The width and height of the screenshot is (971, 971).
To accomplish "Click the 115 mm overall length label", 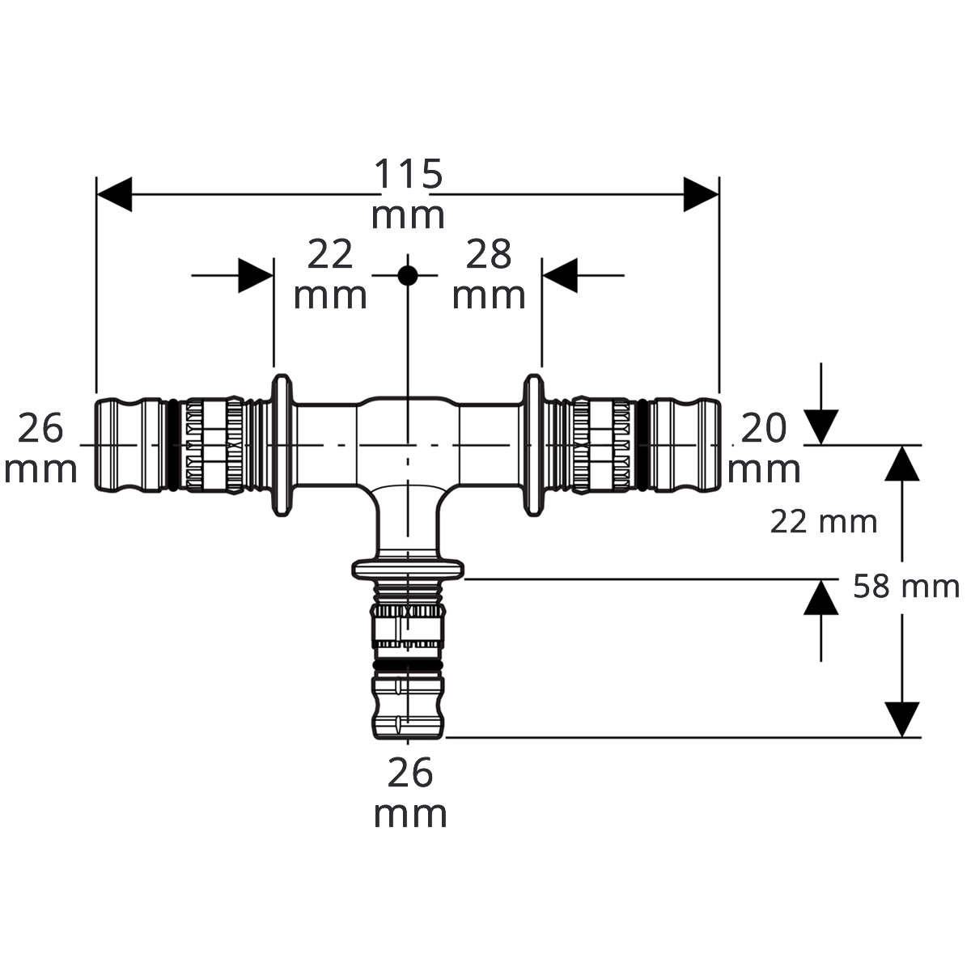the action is click(408, 194).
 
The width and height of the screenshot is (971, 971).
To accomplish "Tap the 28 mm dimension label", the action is click(489, 274).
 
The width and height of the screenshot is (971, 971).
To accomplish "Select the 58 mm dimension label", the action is click(906, 587).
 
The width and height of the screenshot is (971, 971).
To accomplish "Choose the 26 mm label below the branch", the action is click(410, 795).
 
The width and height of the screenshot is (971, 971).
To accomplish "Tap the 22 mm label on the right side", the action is click(824, 522).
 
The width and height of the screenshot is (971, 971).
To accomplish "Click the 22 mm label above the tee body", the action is click(330, 274).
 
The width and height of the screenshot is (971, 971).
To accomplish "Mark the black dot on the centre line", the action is click(408, 276).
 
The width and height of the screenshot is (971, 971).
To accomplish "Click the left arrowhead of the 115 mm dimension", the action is click(114, 194).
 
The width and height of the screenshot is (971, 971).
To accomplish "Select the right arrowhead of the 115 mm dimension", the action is click(701, 194).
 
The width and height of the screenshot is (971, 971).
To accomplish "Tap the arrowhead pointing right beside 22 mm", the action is click(256, 276).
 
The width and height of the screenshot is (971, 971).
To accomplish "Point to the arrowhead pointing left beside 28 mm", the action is click(560, 276).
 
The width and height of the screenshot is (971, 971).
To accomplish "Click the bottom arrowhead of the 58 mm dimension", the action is click(902, 719).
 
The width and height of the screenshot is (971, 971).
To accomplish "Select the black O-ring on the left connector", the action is click(172, 445).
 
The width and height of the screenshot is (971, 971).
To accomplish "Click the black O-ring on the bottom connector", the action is click(408, 666).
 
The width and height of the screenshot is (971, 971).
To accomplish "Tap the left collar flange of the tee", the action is click(282, 445).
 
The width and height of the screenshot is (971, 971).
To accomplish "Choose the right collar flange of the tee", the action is click(533, 445).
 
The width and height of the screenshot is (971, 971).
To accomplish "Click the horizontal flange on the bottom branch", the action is click(408, 569).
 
